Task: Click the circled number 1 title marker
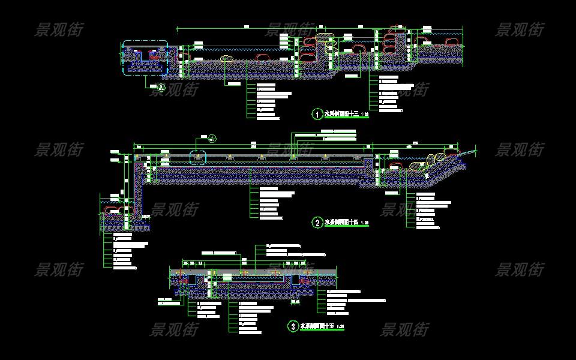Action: click(x=317, y=113)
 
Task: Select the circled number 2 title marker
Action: click(x=317, y=223)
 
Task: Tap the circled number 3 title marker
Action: click(x=293, y=326)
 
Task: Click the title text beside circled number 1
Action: click(x=341, y=113)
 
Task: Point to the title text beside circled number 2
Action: click(x=341, y=223)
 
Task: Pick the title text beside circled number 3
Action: click(x=317, y=326)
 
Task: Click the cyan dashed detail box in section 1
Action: click(x=145, y=58)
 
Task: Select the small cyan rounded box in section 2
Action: click(x=197, y=158)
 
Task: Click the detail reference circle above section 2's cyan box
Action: click(x=212, y=139)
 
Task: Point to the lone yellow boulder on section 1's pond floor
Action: click(x=226, y=59)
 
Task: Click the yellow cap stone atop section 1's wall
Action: click(x=323, y=37)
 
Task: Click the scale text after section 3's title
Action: click(x=341, y=327)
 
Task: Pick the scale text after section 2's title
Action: click(x=365, y=223)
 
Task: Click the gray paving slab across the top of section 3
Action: click(x=252, y=272)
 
